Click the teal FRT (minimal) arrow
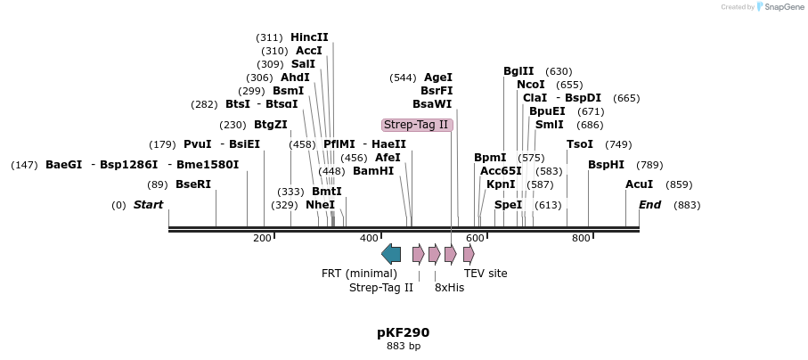[391, 254]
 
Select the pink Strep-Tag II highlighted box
[417, 125]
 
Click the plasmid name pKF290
[403, 332]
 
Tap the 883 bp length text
[403, 346]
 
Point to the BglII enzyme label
[518, 71]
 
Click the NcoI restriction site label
[531, 85]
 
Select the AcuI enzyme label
[639, 184]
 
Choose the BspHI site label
[606, 165]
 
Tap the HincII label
[309, 37]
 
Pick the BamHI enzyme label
[373, 171]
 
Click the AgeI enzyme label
[437, 78]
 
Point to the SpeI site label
[508, 205]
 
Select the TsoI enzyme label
[580, 144]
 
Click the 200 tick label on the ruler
[262, 238]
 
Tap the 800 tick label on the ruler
[581, 238]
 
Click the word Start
[148, 205]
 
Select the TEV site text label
[486, 274]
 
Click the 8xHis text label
[449, 288]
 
